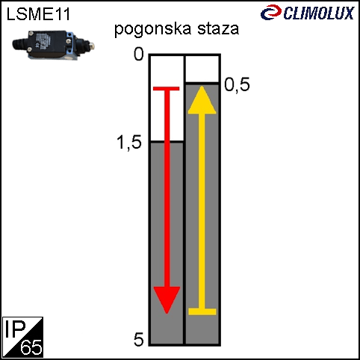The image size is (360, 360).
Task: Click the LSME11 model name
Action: click(x=38, y=14)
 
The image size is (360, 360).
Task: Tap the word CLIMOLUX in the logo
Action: click(x=319, y=13)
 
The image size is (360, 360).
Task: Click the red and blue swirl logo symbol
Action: click(x=271, y=12)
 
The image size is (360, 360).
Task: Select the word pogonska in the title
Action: click(x=152, y=29)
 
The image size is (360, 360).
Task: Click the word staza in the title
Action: click(x=218, y=28)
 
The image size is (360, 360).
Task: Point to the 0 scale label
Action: click(x=139, y=54)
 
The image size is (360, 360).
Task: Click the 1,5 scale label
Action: click(x=129, y=143)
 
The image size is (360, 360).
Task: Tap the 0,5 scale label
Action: click(x=237, y=85)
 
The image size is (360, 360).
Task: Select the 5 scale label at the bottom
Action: click(x=139, y=339)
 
